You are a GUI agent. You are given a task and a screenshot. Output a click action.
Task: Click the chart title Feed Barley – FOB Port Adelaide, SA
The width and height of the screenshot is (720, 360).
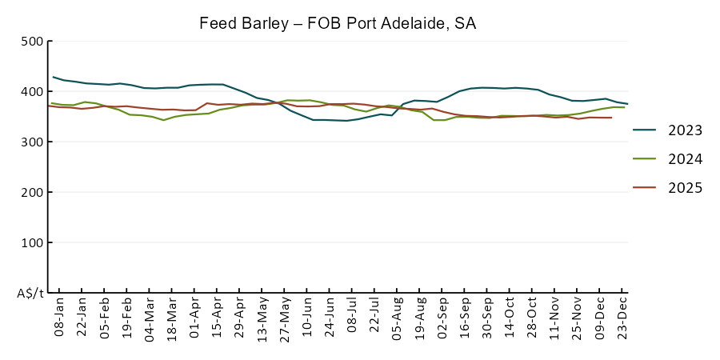coord(338,23)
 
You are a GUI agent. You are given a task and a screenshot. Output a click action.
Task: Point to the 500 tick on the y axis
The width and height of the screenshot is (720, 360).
coord(31,42)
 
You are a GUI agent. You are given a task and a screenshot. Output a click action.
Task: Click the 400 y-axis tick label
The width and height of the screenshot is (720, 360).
coord(31,92)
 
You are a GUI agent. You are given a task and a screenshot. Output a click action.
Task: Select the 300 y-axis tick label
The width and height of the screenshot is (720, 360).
coord(31,142)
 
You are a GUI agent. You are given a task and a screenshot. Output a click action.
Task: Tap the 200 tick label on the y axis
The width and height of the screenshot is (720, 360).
coord(31,193)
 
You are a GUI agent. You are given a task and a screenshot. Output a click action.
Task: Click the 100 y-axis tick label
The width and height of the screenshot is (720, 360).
coord(31,243)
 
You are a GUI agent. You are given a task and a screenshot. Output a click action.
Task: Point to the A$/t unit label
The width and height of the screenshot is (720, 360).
coord(30,294)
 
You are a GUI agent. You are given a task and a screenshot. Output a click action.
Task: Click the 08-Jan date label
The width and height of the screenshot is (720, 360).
coord(58,318)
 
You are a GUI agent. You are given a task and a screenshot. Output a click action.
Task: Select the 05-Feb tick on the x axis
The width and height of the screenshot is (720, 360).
coord(104,318)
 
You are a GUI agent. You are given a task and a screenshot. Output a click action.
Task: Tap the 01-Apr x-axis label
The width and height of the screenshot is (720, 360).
coord(194,318)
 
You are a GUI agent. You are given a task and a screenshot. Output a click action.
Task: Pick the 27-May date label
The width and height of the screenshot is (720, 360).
coord(285,318)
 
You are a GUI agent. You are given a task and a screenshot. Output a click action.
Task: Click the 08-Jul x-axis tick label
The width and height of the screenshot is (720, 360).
coord(352,318)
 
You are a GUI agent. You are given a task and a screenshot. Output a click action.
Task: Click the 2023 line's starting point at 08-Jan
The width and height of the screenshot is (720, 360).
coord(53,77)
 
